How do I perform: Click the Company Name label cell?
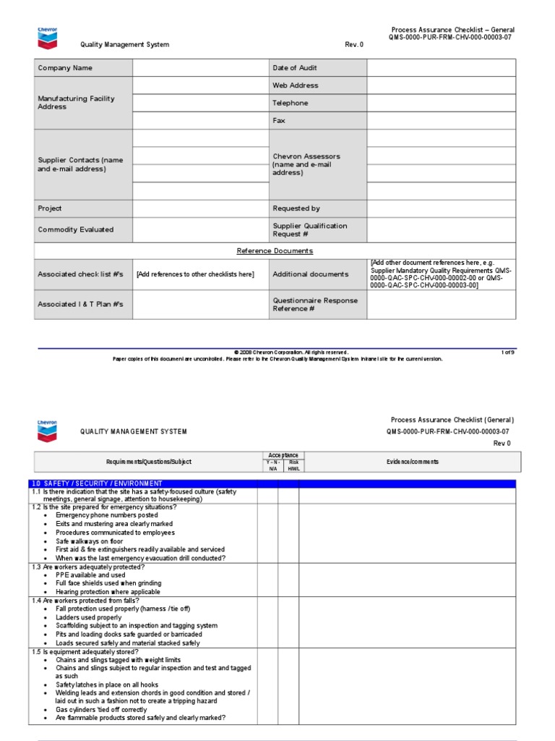coord(65,68)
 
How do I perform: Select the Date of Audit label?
coord(295,68)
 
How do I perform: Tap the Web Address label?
coord(295,85)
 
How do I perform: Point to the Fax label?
coord(279,121)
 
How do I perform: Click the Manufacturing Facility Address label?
coord(76,103)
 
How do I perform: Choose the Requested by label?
coord(296,208)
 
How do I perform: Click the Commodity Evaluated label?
coord(76,229)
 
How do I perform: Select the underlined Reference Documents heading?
coord(275,251)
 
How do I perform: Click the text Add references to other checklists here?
coord(195,274)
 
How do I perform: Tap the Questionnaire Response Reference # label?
coord(315,305)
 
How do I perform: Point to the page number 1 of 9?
coord(507,352)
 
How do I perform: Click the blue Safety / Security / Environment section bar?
coord(275,483)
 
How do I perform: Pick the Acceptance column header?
coord(283,455)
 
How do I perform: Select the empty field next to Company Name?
coord(200,68)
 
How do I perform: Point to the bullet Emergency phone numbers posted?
coord(106,515)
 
